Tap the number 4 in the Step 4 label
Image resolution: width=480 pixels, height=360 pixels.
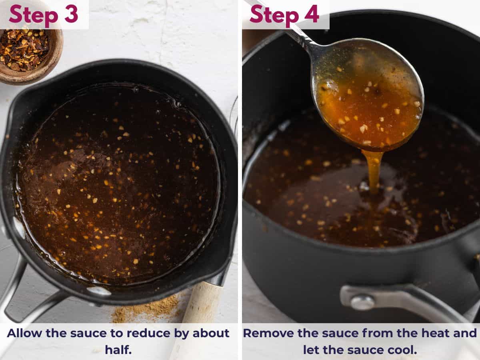pos(312,14)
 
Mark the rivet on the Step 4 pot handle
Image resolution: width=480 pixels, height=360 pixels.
pos(362,302)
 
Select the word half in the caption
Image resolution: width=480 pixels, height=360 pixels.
pos(118,350)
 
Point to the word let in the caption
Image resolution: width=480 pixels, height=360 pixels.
pos(311,350)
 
